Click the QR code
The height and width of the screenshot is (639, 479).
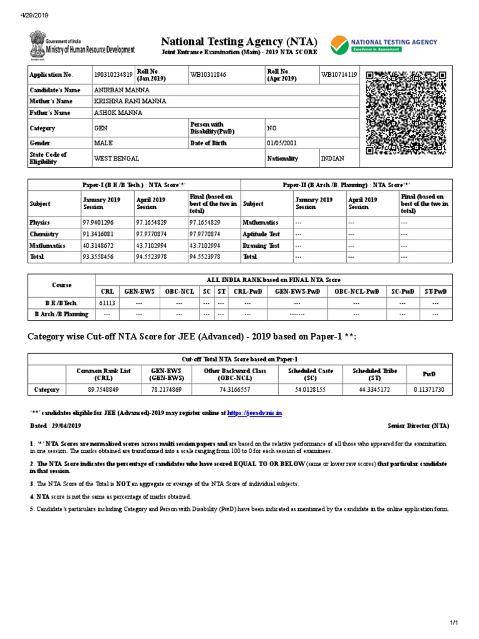pos(407,113)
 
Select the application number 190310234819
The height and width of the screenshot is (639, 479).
pos(113,75)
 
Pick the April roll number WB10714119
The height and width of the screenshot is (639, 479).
pos(339,75)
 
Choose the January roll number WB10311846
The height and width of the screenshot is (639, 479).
pos(209,75)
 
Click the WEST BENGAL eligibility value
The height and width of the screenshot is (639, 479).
pos(117,159)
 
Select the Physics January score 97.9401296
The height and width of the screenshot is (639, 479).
pos(101,223)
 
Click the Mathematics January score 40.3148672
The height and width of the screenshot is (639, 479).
pos(101,245)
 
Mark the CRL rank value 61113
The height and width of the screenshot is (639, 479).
pos(107,303)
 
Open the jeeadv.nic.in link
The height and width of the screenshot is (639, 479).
pos(255,413)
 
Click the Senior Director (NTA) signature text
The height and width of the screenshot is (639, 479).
pos(417,426)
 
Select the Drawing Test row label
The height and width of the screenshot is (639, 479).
pos(261,245)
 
